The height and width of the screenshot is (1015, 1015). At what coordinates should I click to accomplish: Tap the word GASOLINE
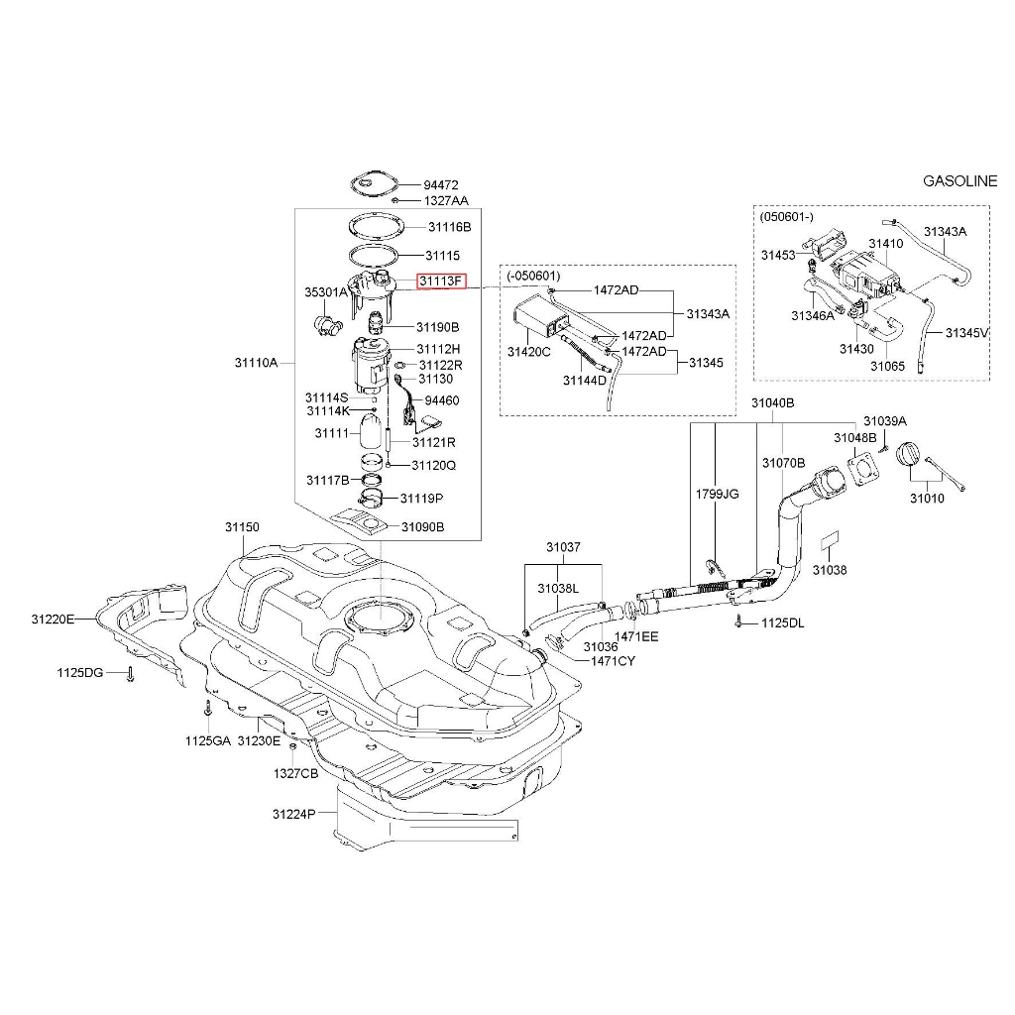click(x=959, y=181)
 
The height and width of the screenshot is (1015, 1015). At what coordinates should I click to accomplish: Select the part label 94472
click(x=441, y=185)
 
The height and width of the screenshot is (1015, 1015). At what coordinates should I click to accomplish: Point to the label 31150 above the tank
click(x=241, y=527)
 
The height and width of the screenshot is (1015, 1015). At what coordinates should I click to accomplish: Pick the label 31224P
click(x=293, y=814)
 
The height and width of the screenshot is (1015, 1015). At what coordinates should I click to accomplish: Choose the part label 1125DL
click(x=783, y=623)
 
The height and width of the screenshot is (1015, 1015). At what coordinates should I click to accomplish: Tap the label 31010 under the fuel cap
click(x=927, y=498)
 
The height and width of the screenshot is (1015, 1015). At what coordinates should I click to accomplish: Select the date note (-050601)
click(x=533, y=276)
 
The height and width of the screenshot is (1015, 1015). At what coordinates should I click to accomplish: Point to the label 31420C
click(x=528, y=352)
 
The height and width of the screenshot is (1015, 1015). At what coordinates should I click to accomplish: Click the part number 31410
click(x=886, y=243)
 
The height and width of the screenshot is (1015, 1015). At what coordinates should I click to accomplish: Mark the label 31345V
click(x=966, y=333)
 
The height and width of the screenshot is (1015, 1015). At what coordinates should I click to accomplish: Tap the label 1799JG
click(x=716, y=493)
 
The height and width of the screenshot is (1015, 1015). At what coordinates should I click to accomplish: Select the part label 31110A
click(x=256, y=363)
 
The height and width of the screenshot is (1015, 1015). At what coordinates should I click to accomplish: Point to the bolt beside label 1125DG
click(x=130, y=675)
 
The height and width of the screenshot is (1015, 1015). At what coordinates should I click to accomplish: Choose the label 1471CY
click(x=613, y=660)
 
